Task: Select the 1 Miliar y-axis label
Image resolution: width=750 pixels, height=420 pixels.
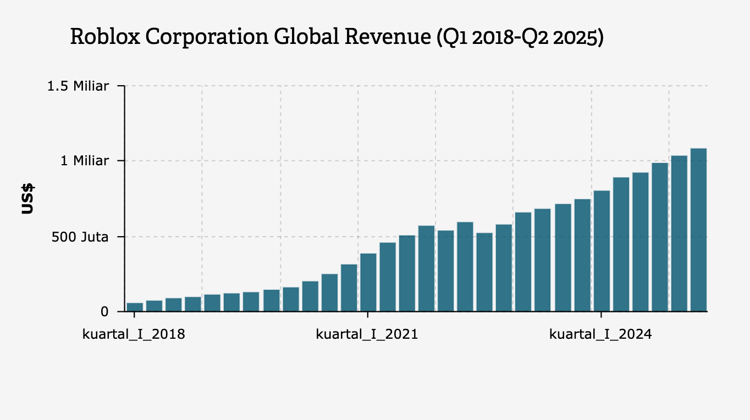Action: point(85,161)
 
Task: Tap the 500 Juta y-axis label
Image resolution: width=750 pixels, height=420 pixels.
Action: point(81,237)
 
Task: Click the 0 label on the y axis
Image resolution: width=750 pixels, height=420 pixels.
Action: point(105,311)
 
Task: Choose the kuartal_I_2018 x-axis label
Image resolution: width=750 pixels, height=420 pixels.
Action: point(134,334)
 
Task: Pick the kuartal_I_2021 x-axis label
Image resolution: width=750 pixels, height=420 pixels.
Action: point(367,334)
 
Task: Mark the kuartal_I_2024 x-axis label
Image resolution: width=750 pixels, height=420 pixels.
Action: point(600,334)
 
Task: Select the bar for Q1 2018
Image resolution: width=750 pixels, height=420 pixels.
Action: point(135,307)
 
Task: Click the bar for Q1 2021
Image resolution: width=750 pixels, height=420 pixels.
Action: point(368,283)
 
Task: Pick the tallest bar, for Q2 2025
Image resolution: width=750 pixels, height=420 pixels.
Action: point(698,230)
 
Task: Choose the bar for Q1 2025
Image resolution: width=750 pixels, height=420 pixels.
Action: point(679,233)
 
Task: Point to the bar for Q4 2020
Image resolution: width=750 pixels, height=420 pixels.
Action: point(349,288)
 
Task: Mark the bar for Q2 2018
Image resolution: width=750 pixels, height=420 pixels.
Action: point(154,306)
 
